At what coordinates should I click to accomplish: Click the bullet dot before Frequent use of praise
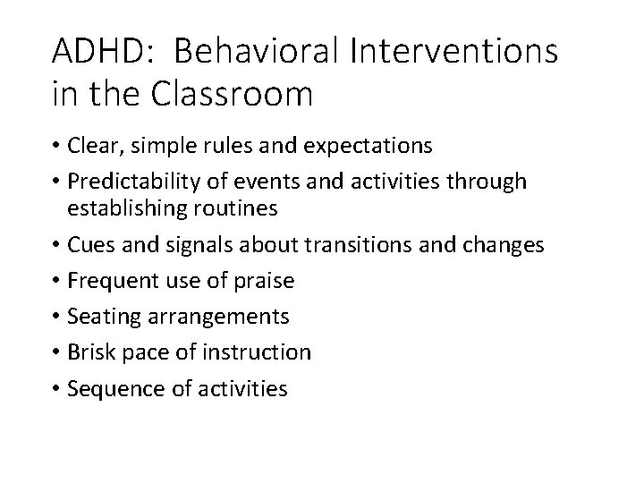coord(57,281)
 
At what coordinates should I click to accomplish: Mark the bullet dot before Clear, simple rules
coord(57,147)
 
